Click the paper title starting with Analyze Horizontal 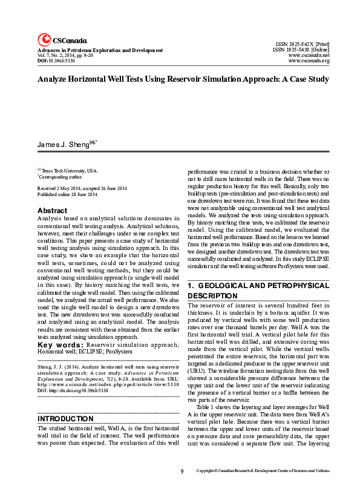click(183, 79)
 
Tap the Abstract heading click(52, 211)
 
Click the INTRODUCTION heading click(65, 419)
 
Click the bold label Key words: click(61, 344)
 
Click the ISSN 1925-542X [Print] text click(302, 45)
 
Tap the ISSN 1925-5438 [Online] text click(301, 50)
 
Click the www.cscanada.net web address click(309, 56)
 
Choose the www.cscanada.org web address click(309, 61)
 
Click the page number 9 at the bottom click(182, 471)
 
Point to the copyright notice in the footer click(263, 471)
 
